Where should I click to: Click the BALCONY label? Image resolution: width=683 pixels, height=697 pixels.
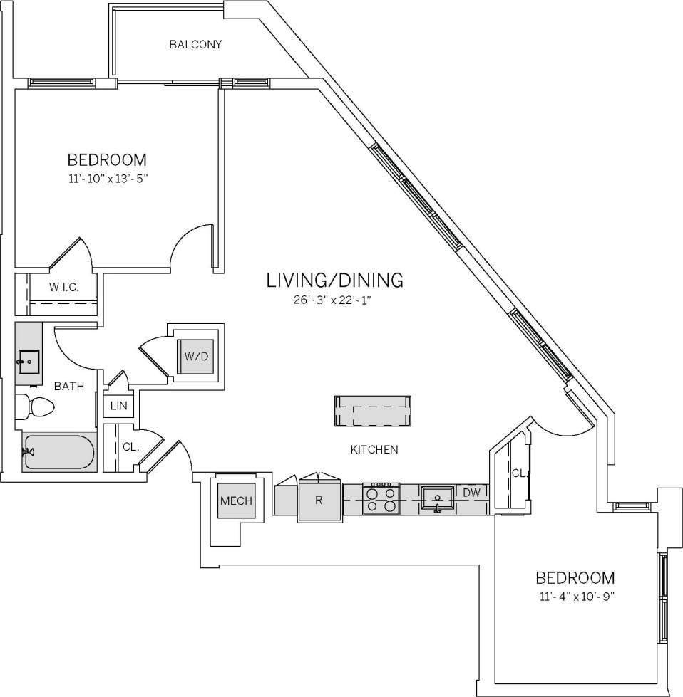[x=195, y=45]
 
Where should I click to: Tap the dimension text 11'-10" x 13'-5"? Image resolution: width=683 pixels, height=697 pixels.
[x=107, y=179]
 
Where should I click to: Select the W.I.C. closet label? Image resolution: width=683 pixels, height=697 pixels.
[x=63, y=287]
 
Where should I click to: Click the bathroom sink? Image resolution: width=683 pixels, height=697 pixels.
[x=29, y=362]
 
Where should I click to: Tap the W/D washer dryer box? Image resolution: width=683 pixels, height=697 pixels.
[x=195, y=356]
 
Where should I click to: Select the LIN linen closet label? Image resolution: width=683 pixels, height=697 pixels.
[x=118, y=406]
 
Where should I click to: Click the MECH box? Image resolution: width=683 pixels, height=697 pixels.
[x=236, y=501]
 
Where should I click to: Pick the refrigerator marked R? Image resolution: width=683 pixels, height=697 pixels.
[x=319, y=501]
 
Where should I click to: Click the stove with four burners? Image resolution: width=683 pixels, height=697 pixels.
[x=381, y=499]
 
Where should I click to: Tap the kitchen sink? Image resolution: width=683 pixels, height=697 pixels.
[x=437, y=498]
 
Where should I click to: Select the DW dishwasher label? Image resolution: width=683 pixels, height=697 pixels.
[x=471, y=493]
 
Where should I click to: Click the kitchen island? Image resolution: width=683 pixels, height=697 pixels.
[x=372, y=412]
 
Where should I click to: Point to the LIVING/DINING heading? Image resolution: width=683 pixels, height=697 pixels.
[x=334, y=280]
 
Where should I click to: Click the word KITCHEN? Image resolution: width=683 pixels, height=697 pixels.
[x=374, y=450]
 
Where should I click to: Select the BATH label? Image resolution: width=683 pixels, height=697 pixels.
[x=69, y=387]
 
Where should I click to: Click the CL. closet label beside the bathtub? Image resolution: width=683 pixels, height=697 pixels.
[x=130, y=447]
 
